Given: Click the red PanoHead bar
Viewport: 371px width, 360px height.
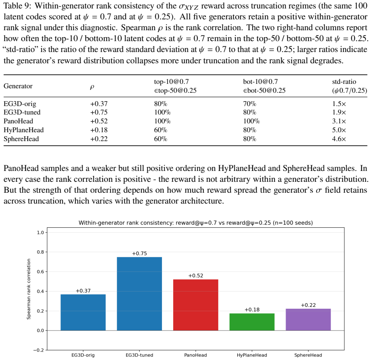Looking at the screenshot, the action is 196,305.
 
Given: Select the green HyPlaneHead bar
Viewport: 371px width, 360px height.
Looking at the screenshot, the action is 252,322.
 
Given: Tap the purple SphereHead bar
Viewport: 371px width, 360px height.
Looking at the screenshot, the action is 308,320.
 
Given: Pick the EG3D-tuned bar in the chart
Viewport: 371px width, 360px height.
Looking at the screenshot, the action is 139,293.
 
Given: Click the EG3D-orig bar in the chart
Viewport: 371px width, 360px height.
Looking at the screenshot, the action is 83,312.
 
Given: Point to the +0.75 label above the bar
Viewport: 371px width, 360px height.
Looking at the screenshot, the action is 139,254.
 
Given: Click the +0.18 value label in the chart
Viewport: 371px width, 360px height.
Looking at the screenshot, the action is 252,310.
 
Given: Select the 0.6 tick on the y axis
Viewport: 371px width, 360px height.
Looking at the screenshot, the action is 40,272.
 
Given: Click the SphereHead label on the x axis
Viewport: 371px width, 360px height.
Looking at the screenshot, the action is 308,355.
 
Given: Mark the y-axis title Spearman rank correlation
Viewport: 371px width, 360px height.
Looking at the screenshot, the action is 29,289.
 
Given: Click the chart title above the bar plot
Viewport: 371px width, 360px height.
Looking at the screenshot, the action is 196,223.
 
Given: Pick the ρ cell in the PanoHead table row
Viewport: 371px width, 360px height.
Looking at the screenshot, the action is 99,121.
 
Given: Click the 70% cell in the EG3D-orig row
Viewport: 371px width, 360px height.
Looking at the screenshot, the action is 250,104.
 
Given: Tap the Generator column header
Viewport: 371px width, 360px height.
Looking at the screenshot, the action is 18,86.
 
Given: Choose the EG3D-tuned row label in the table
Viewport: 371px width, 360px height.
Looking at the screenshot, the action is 22,112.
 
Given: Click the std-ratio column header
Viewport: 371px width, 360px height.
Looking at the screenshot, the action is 350,86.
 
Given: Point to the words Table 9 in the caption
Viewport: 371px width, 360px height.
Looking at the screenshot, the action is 17,6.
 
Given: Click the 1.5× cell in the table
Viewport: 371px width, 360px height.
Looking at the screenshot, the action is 339,104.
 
